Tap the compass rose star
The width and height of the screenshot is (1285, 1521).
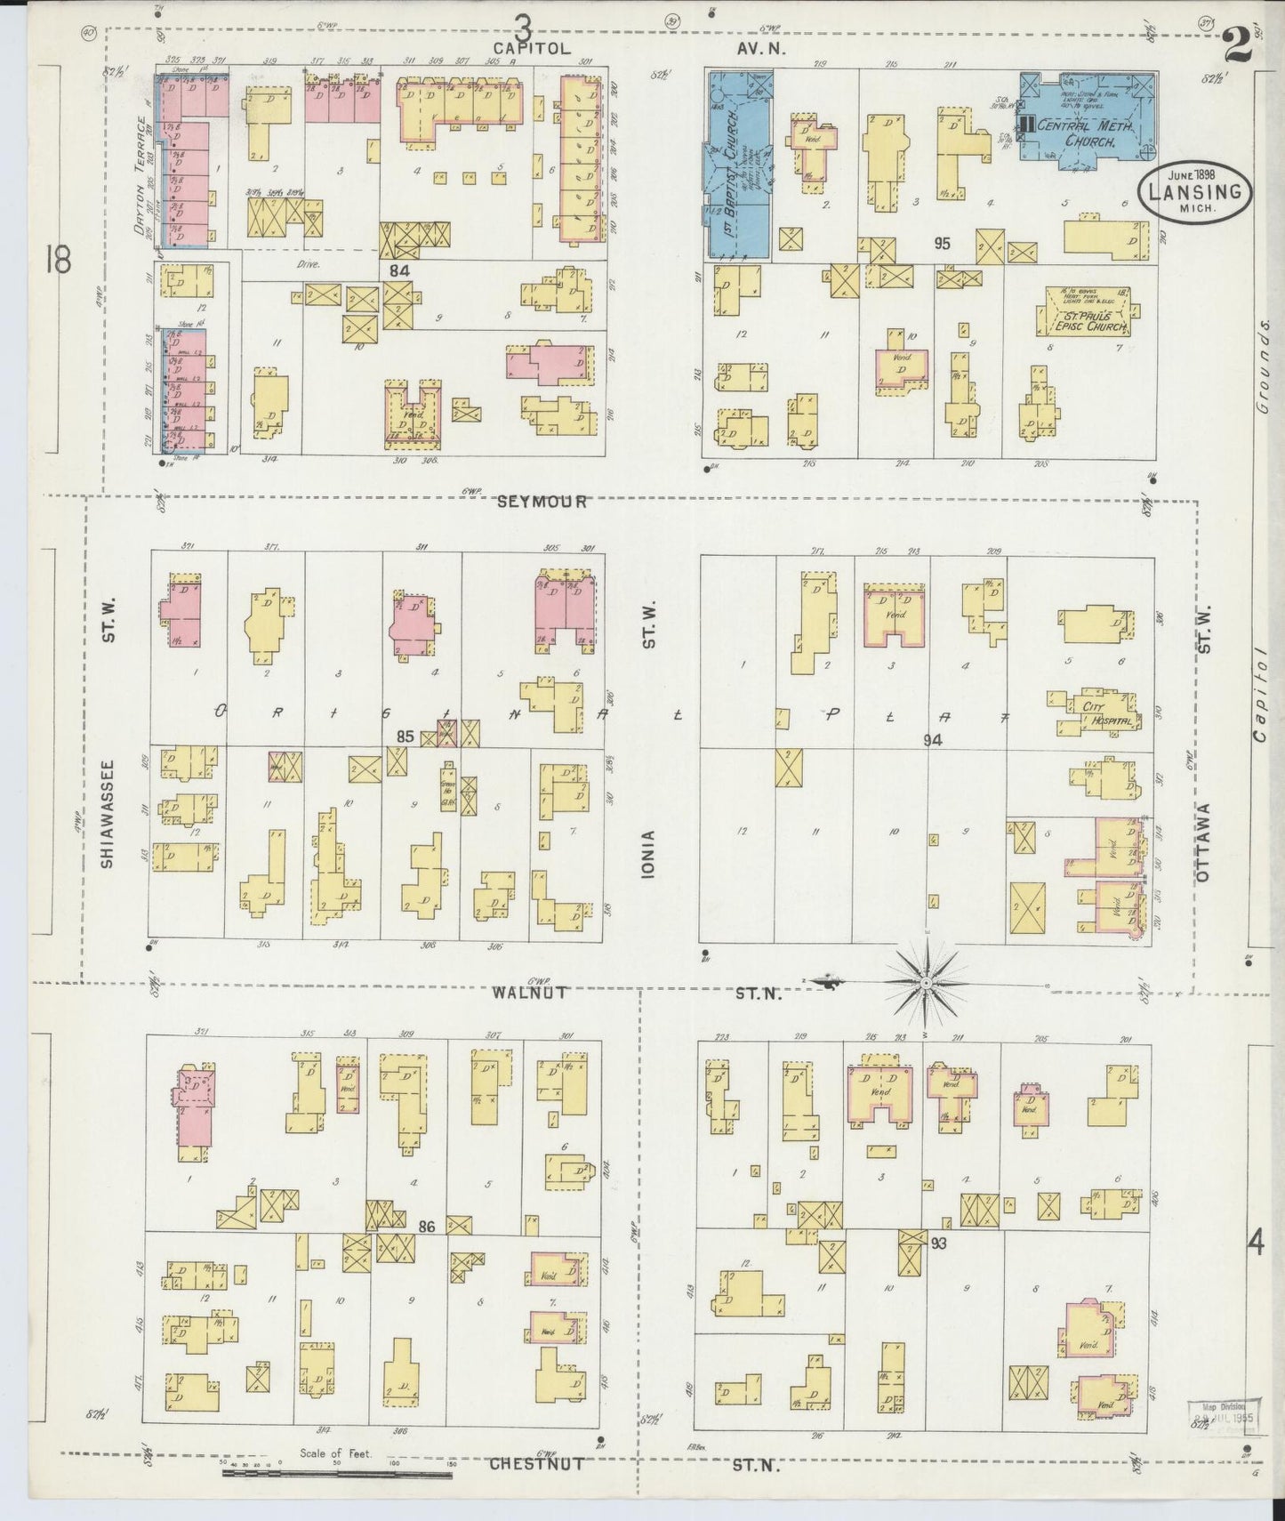point(926,982)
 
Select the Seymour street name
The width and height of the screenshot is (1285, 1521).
point(542,502)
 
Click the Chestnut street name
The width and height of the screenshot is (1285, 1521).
point(536,1463)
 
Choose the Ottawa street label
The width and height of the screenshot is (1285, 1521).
point(1204,841)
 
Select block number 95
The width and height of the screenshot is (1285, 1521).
point(944,243)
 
